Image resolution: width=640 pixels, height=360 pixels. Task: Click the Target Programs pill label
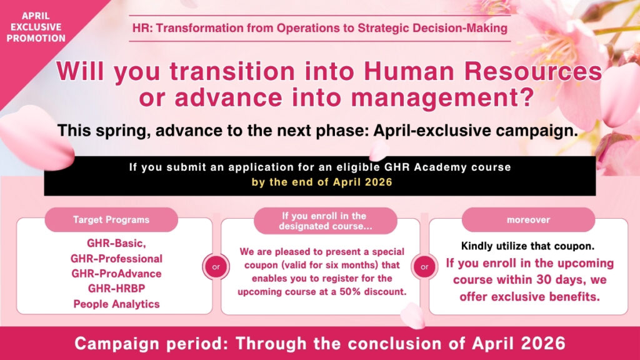tap(111, 220)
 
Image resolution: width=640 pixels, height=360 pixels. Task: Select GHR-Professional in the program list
tap(116, 259)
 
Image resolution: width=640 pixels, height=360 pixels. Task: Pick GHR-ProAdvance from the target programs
tap(116, 274)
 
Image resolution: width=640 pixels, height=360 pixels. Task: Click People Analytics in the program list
tap(116, 304)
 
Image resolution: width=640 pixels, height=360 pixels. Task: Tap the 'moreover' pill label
tap(528, 220)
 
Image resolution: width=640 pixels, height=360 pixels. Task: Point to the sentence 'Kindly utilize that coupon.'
tap(528, 246)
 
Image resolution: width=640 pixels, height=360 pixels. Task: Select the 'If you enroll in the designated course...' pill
tap(325, 221)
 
